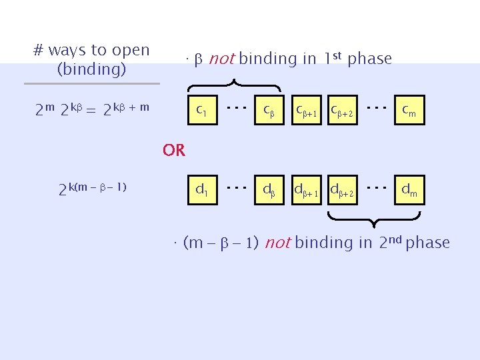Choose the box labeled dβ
click(269, 191)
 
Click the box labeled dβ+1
click(307, 191)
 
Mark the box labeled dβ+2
click(343, 191)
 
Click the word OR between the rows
click(174, 151)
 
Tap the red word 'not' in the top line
click(221, 59)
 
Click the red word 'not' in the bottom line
click(277, 243)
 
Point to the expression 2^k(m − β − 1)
click(93, 189)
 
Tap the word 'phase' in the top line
click(369, 59)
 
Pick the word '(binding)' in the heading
click(92, 69)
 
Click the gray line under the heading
click(92, 84)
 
